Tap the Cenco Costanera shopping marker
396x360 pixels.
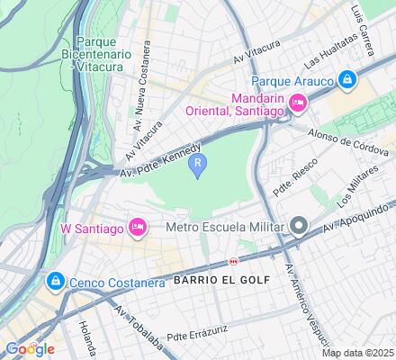[56, 282]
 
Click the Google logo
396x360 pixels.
[29, 348]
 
